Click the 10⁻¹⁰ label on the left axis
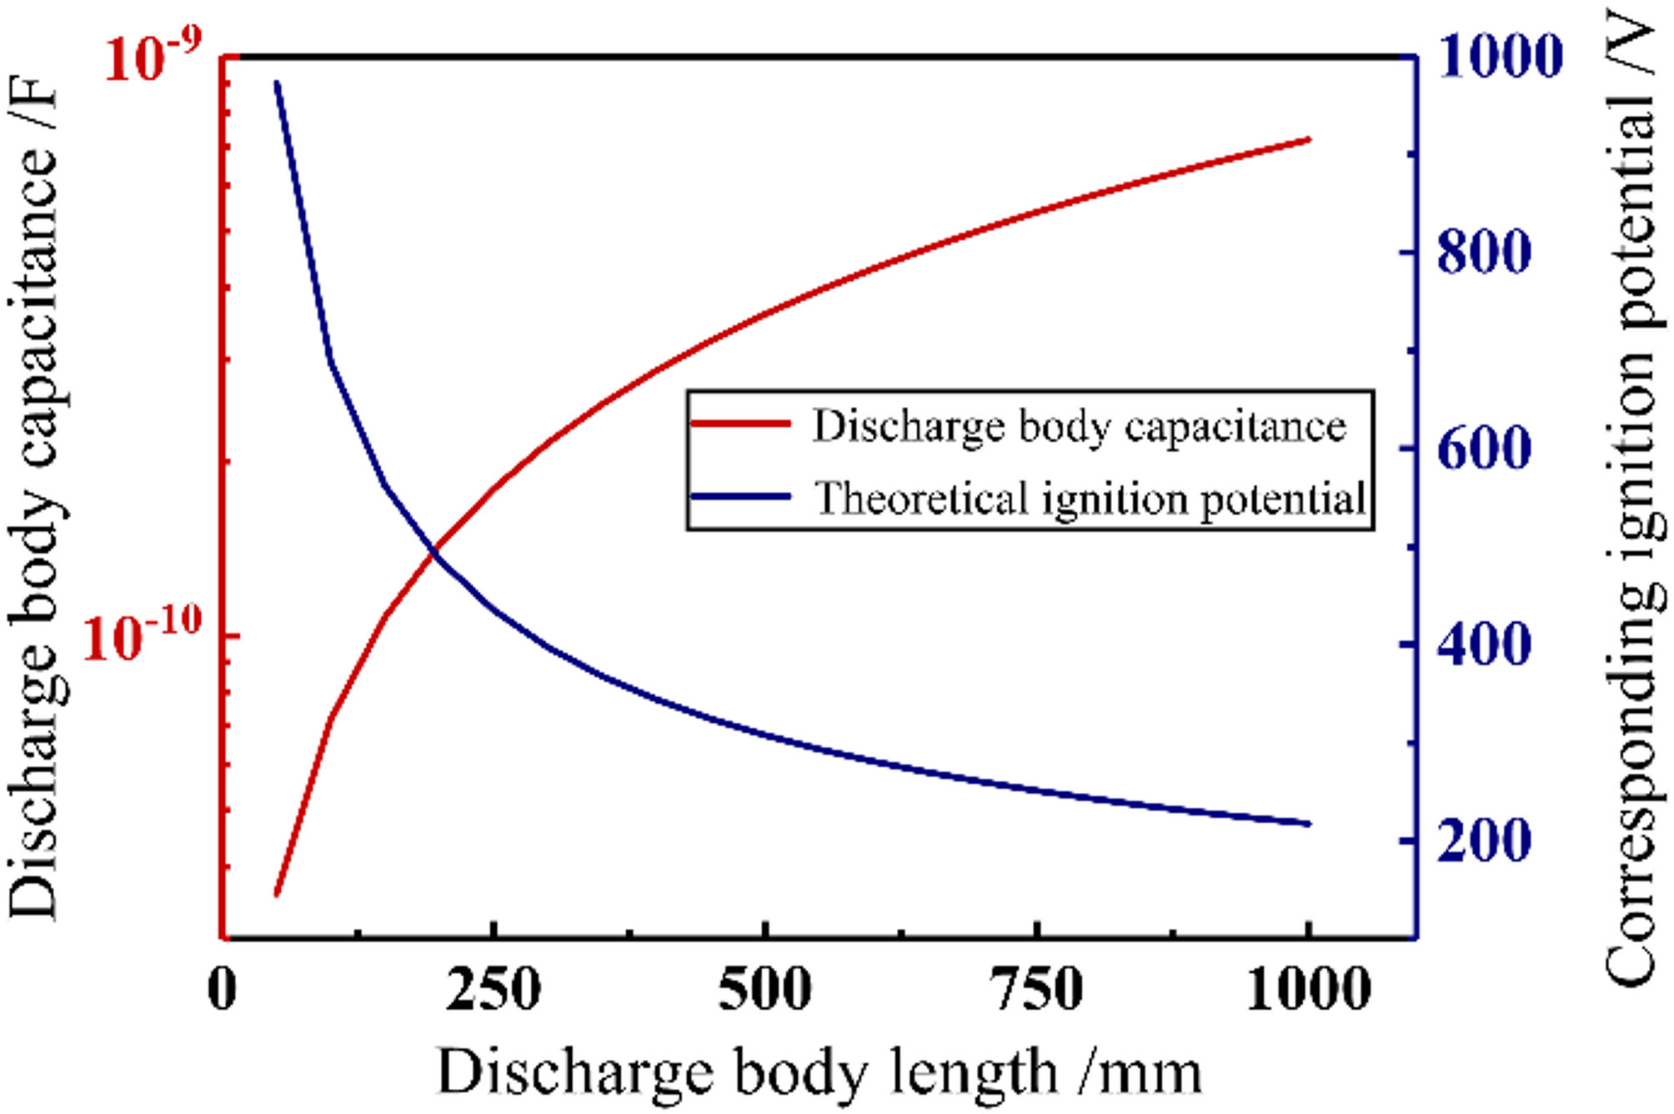pyautogui.click(x=143, y=638)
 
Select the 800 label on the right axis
pyautogui.click(x=1485, y=252)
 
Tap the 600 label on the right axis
pyautogui.click(x=1485, y=449)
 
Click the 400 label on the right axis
pyautogui.click(x=1485, y=645)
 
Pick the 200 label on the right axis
pyautogui.click(x=1485, y=841)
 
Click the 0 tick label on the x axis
pyautogui.click(x=222, y=989)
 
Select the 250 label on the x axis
pyautogui.click(x=494, y=989)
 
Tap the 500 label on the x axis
pyautogui.click(x=764, y=989)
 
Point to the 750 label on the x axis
pyautogui.click(x=1036, y=989)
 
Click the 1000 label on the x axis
pyautogui.click(x=1308, y=989)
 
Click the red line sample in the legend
pyautogui.click(x=740, y=424)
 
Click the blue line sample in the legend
pyautogui.click(x=740, y=497)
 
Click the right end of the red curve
pyautogui.click(x=1309, y=139)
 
